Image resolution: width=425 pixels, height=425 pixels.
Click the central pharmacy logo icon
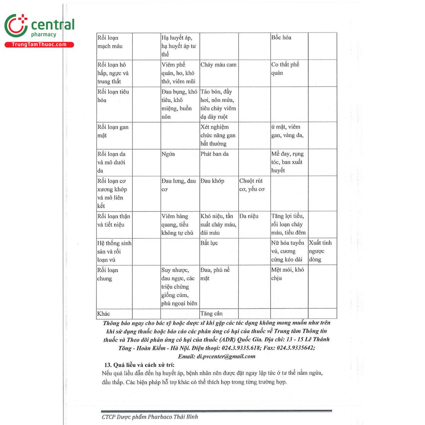coord(16,25)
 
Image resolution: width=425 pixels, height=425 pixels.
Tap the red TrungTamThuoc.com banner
coord(39,45)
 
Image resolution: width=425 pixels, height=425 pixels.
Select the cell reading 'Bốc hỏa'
coord(281,38)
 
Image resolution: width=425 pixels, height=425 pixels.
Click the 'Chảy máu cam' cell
coord(218,65)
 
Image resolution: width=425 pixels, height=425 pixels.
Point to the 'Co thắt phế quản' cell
coord(285,69)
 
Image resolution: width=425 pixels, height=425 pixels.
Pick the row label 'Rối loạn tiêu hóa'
coord(113,96)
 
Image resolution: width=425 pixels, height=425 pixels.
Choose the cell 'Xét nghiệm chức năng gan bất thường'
coord(218,135)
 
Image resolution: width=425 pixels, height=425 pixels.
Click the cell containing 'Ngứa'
coord(168,154)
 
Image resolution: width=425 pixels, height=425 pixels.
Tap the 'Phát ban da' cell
coord(215,154)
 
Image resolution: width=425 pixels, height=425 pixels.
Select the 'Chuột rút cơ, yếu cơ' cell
coord(252,185)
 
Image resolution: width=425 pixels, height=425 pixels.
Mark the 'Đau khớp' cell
coord(212,181)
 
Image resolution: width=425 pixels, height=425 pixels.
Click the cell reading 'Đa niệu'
coord(249,216)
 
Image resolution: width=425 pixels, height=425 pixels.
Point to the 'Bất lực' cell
coord(209,243)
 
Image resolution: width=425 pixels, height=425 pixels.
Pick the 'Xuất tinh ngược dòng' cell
coord(320,251)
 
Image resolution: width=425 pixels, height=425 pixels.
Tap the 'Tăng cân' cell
coord(211,313)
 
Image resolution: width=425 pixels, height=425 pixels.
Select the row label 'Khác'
coord(103,313)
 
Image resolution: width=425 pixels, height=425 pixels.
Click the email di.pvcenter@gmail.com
coord(226,357)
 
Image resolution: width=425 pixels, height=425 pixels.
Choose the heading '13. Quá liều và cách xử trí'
coord(139,365)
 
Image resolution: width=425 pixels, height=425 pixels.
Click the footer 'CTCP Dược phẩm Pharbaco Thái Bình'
coord(150,417)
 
